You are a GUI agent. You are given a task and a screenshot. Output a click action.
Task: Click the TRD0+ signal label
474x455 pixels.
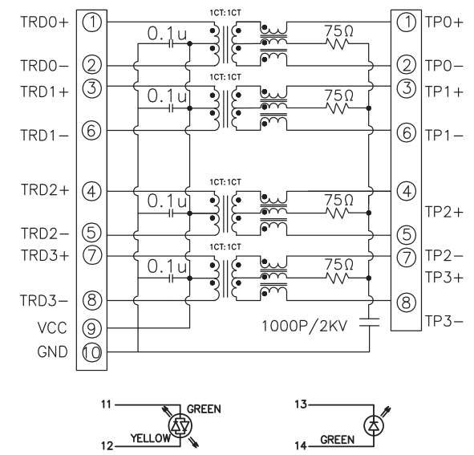[44, 22]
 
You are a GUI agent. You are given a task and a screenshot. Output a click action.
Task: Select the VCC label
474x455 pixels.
[52, 328]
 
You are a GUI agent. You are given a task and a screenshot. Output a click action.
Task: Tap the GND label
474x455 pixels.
[52, 351]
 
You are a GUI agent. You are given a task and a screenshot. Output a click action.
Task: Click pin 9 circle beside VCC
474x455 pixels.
[91, 328]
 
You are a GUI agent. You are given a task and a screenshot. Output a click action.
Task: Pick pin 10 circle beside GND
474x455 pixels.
[91, 351]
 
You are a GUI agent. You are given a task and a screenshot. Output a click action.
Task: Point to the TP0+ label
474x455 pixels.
[444, 22]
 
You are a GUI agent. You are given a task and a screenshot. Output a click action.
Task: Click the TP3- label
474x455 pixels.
[444, 321]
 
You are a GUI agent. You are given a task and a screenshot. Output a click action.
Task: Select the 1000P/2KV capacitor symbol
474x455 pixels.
[369, 322]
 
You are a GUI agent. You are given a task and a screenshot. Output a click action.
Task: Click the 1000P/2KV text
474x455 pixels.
[305, 326]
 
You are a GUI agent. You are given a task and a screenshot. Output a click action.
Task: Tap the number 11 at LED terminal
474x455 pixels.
[106, 404]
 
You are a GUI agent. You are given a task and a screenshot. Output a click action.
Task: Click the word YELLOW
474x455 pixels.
[150, 438]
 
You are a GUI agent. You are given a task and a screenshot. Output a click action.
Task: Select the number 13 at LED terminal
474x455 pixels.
[301, 404]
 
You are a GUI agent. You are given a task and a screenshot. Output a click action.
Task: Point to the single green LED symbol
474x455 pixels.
[374, 426]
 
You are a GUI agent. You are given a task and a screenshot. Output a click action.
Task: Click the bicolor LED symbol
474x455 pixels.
[180, 426]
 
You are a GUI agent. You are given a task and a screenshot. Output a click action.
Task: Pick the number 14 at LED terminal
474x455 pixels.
[301, 445]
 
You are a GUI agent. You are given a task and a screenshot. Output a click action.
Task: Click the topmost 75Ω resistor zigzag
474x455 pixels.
[337, 44]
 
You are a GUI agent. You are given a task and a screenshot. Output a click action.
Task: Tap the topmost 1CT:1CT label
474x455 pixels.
[225, 13]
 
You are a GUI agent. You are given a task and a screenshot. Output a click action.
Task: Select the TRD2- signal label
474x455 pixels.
[44, 234]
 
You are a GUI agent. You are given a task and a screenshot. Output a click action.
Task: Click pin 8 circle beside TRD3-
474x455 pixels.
[91, 300]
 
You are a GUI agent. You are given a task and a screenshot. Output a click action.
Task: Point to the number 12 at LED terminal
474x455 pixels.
[107, 446]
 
